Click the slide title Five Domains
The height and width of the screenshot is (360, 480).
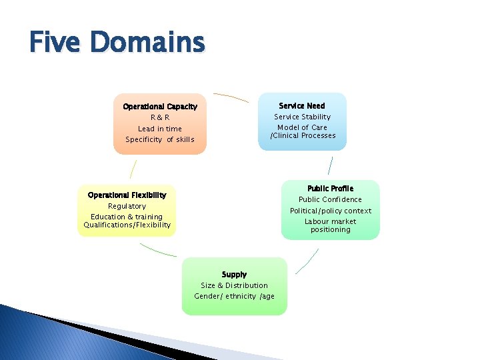117,43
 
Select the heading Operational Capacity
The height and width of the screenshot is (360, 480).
160,107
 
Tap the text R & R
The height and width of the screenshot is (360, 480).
160,117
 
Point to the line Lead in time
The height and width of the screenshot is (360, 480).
160,129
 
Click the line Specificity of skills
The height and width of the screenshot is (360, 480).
160,139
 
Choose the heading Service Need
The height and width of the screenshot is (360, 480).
302,106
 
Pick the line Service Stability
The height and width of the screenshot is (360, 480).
302,117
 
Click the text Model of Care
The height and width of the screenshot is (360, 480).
302,127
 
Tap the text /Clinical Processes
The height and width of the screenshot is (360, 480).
303,135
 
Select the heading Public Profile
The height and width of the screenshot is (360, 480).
330,189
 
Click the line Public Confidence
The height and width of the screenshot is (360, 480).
330,199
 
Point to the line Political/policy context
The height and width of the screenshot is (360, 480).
330,211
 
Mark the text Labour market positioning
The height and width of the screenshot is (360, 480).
330,225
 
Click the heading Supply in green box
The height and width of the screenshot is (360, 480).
234,275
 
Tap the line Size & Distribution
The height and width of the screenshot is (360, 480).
234,285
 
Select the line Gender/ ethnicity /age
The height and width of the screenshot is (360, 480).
234,296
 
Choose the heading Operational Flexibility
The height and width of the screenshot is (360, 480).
127,195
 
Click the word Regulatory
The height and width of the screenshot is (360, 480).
127,206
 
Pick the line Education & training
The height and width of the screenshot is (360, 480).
127,217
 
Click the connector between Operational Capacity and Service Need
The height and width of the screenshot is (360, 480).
231,96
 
